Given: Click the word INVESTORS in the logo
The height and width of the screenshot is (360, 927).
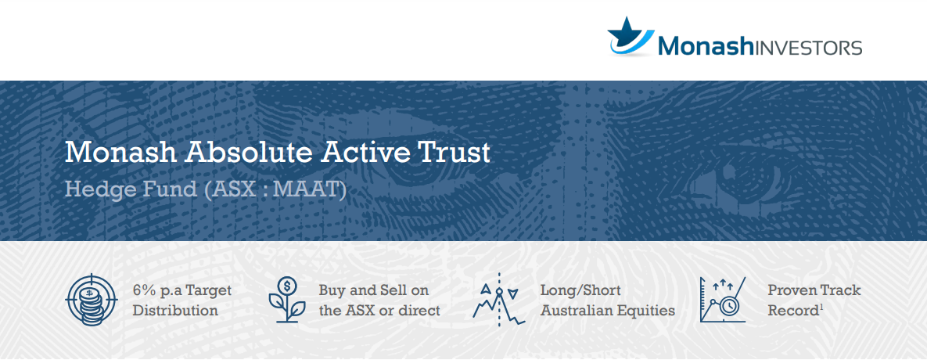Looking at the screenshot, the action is [808, 47].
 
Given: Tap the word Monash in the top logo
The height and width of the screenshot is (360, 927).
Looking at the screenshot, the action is [706, 46].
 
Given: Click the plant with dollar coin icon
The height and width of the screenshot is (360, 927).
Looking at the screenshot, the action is [287, 300].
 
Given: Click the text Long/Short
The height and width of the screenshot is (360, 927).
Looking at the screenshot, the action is [580, 291].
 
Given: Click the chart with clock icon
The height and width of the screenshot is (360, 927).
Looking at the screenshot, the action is [723, 300].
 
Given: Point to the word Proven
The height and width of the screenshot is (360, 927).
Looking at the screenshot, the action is [788, 291].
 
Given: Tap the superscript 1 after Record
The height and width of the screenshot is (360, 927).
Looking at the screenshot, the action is [821, 307].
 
